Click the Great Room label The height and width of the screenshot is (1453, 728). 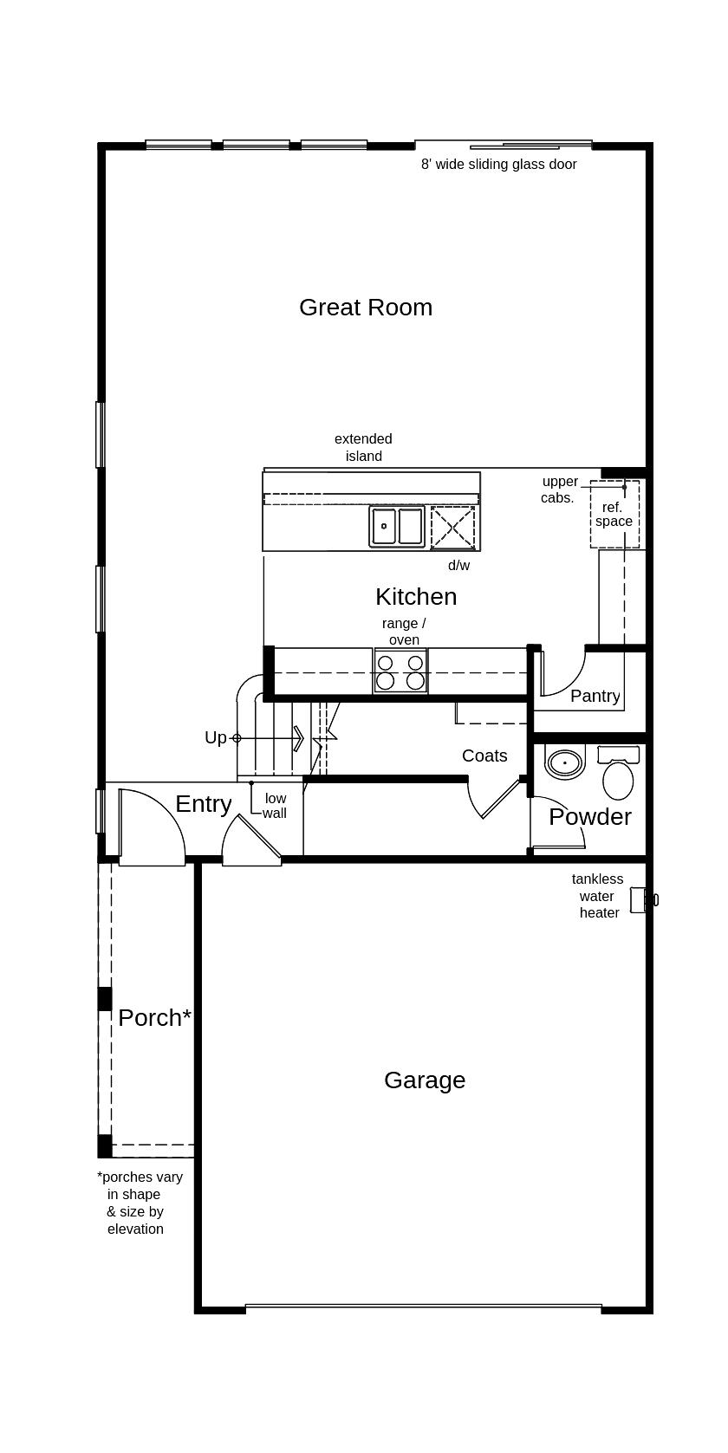coord(365,308)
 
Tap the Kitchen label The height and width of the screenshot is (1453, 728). coord(416,597)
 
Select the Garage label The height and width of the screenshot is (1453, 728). coord(425,1080)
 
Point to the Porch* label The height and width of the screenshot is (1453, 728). coord(154,1018)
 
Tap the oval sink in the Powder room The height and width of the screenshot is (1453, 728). coord(565,763)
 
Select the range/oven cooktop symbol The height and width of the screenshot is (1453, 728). coord(400,672)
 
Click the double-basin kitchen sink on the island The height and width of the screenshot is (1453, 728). coord(397,526)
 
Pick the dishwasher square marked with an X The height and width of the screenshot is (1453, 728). coord(453,526)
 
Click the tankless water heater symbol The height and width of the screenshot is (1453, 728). coord(640,899)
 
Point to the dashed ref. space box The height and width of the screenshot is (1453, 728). coord(614,514)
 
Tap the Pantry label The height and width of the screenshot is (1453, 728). coord(595,697)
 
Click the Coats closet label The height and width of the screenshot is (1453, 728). coord(484,756)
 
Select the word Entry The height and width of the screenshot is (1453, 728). coord(203,804)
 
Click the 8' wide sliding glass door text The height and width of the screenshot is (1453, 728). coord(498,165)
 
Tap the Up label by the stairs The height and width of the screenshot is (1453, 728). coord(215,738)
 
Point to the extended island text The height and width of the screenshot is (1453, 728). coord(363,448)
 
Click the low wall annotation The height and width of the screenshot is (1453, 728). coord(275,806)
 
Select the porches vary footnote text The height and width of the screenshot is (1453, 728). coord(139,1203)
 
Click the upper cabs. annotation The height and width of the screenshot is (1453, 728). coord(559,490)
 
